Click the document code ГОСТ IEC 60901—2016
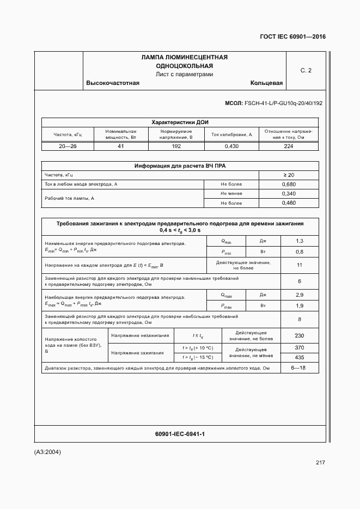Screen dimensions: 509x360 pyautogui.click(x=293, y=36)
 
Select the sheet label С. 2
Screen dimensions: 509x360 pyautogui.click(x=306, y=70)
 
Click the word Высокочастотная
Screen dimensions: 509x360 pyautogui.click(x=113, y=83)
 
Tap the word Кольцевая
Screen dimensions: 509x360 pyautogui.click(x=266, y=83)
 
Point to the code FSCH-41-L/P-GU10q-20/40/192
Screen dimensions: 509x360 pyautogui.click(x=283, y=103)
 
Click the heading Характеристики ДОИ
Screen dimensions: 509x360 pyautogui.click(x=180, y=122)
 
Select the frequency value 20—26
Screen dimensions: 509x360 pyautogui.click(x=68, y=146)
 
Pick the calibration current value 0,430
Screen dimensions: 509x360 pyautogui.click(x=231, y=146)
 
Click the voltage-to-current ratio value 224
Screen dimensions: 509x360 pyautogui.click(x=289, y=146)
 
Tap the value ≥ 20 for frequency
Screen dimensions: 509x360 pyautogui.click(x=289, y=175)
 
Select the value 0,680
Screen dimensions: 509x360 pyautogui.click(x=289, y=185)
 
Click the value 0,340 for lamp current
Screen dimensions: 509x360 pyautogui.click(x=289, y=194)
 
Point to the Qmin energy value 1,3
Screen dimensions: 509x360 pyautogui.click(x=299, y=241)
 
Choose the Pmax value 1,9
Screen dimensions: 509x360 pyautogui.click(x=299, y=306)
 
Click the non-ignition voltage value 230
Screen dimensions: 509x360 pyautogui.click(x=299, y=335)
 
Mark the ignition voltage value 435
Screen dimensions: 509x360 pyautogui.click(x=299, y=357)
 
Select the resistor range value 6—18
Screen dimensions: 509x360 pyautogui.click(x=299, y=368)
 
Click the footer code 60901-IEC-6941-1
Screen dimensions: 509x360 pyautogui.click(x=180, y=433)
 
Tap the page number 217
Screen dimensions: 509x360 pyautogui.click(x=320, y=463)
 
